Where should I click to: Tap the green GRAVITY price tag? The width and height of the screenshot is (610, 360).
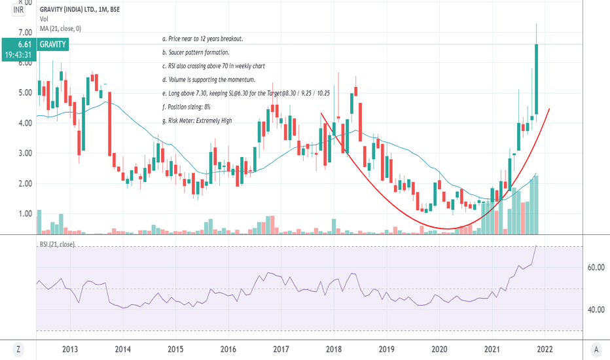point(52,44)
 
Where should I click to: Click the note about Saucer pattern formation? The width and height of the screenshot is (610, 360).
point(195,52)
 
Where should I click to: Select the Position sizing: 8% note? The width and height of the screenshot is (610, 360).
point(187,107)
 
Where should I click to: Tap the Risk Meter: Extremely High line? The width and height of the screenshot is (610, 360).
point(196,120)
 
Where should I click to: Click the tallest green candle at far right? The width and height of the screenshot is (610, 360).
point(536,79)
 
